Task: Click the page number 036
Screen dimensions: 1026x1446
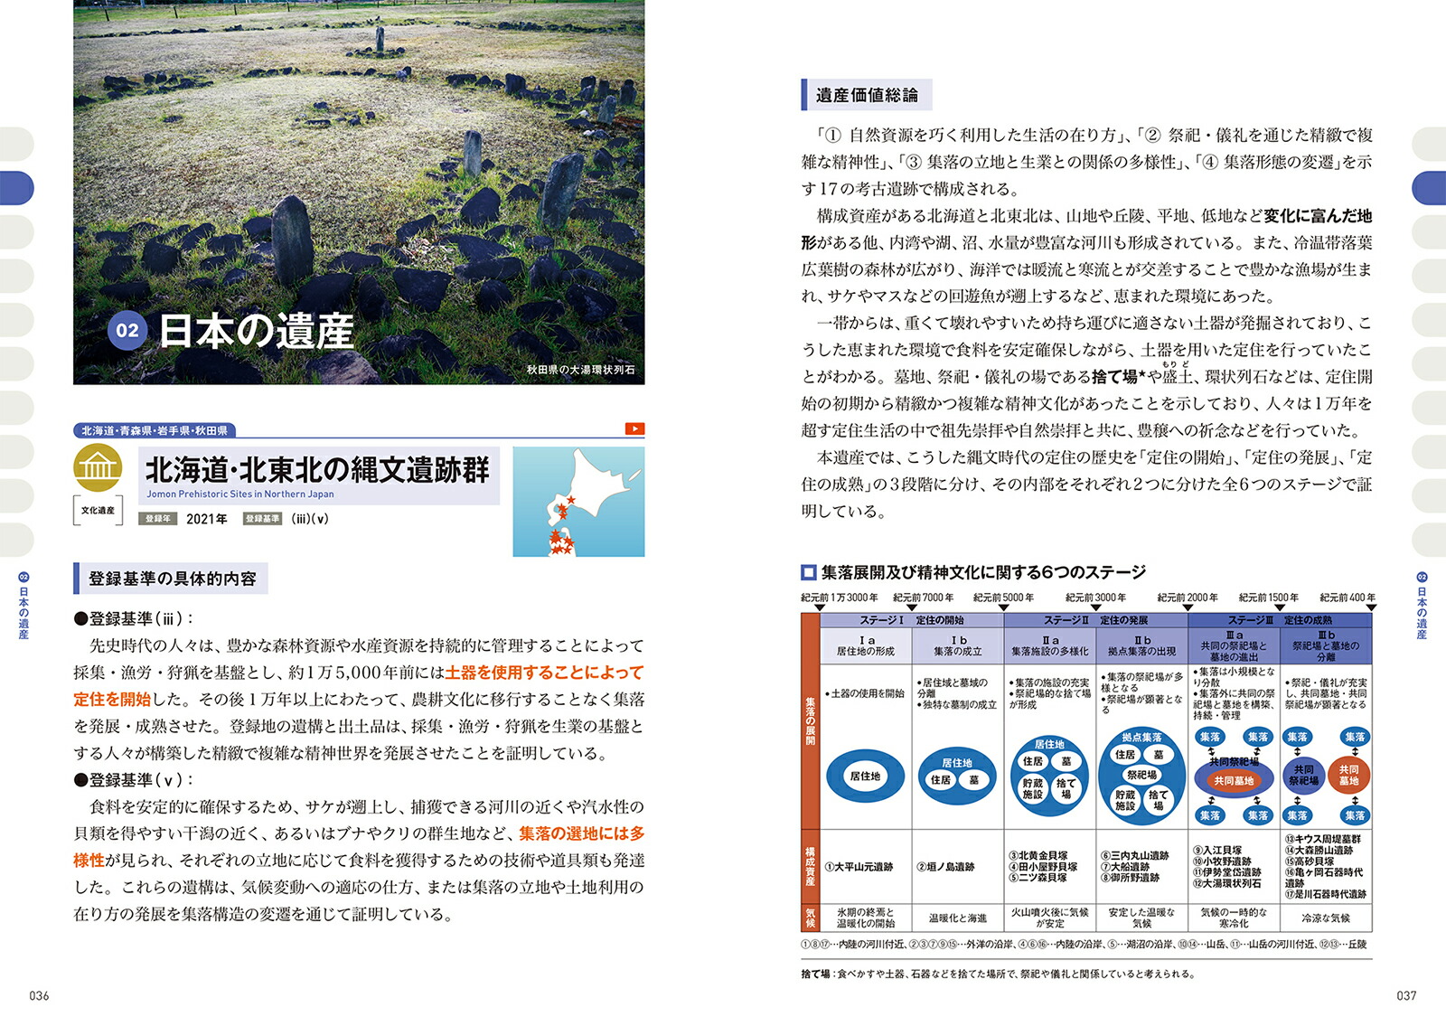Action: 39,995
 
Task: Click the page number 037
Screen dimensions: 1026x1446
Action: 1406,995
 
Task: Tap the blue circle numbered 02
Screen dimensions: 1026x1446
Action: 127,331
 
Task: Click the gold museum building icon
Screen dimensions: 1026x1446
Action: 98,466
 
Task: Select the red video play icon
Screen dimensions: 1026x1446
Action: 634,428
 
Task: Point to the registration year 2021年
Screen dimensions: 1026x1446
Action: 206,519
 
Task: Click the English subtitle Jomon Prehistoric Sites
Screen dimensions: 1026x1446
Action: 239,494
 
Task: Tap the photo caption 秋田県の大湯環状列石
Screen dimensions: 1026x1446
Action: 580,370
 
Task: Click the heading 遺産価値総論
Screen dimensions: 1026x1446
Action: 867,95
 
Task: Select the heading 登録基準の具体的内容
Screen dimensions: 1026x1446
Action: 172,579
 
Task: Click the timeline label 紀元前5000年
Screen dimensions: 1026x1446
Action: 1003,598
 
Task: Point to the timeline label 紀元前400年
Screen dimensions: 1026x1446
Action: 1347,598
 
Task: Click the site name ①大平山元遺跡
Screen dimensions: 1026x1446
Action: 859,867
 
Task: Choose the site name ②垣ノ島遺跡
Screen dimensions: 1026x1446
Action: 945,867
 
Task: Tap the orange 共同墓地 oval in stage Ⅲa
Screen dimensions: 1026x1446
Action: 1234,780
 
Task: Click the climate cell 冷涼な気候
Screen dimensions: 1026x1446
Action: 1326,918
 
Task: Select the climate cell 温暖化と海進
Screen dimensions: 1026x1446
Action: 958,918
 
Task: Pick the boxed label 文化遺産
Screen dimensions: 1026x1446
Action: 98,511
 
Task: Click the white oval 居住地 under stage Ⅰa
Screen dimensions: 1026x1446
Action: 865,777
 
